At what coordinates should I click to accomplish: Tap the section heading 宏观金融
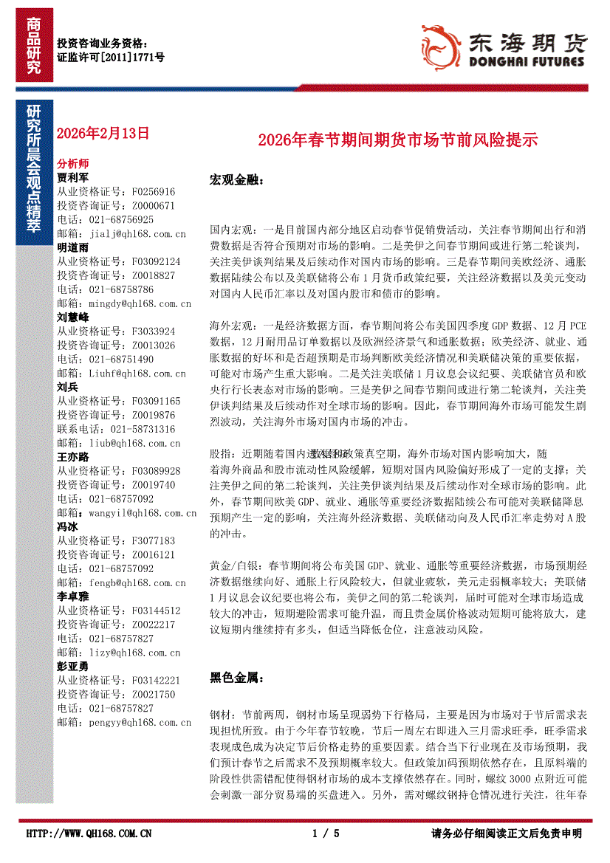coord(236,180)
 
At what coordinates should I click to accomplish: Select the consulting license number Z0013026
coord(154,345)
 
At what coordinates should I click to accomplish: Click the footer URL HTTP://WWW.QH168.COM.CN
coord(89,833)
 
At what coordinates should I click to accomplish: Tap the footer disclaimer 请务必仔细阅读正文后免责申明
coord(507,833)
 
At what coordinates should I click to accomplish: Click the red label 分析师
coord(72,164)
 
